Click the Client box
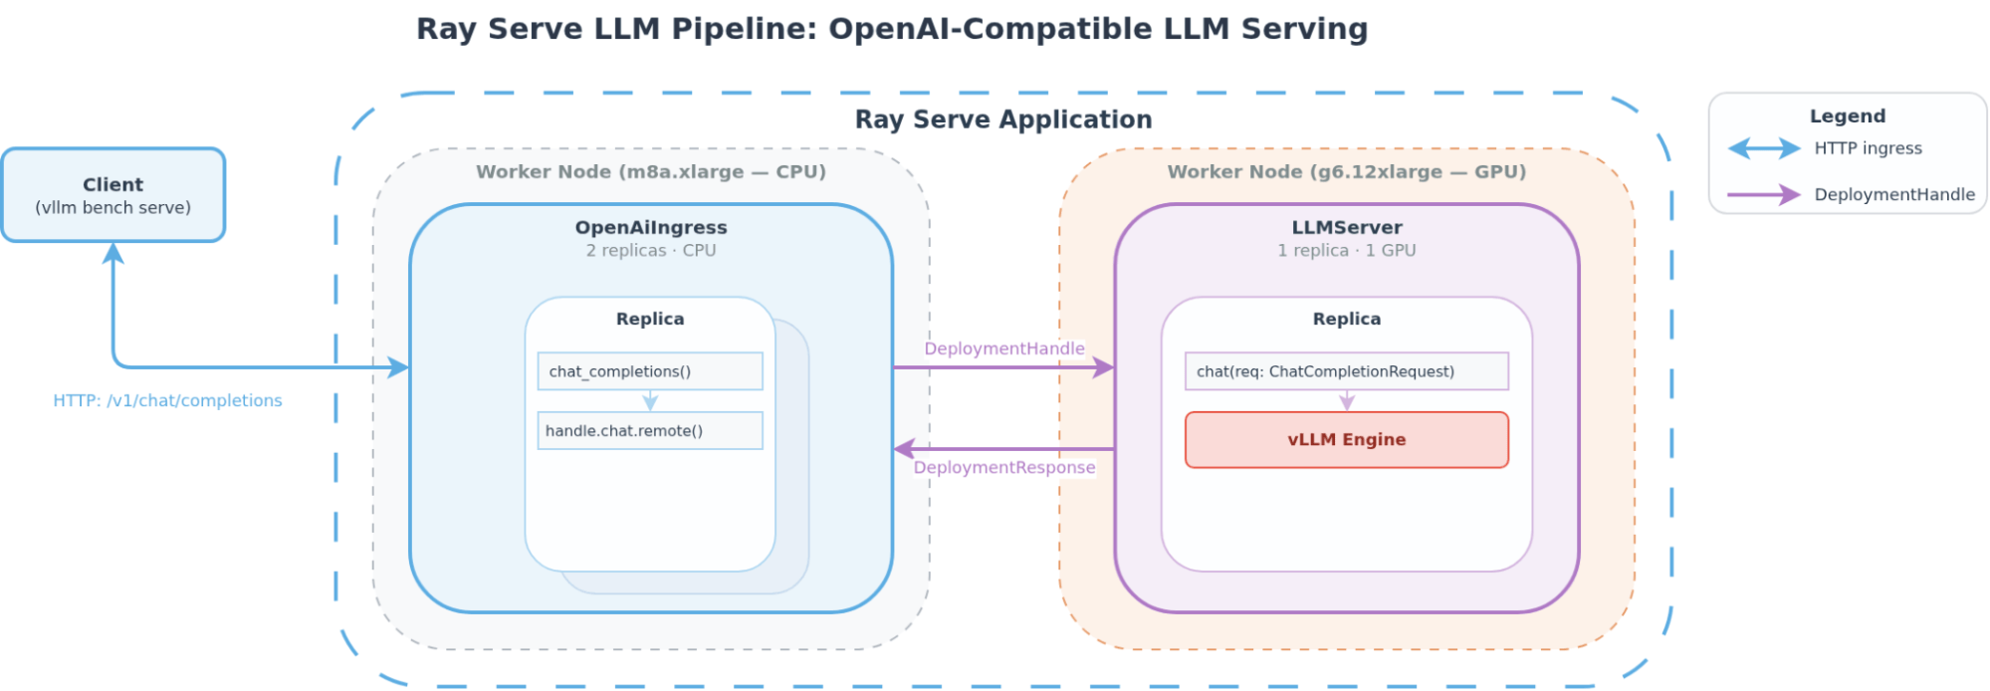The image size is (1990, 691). tap(113, 195)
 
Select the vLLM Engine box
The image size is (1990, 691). tap(1346, 440)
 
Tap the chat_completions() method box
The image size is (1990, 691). tap(649, 371)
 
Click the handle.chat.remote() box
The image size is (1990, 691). tap(649, 431)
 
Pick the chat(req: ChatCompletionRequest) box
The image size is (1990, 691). tap(1346, 371)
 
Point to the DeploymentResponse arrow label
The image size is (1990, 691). tap(1003, 468)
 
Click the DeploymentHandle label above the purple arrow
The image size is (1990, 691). tap(1003, 348)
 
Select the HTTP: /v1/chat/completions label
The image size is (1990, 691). tap(167, 400)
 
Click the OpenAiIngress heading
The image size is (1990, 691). tap(651, 228)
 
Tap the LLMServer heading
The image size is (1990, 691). tap(1346, 228)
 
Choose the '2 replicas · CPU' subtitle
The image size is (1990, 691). tap(651, 251)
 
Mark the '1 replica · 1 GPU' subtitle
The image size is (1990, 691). tap(1346, 251)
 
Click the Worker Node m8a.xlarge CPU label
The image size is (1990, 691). tap(651, 172)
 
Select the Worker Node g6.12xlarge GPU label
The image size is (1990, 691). tap(1346, 172)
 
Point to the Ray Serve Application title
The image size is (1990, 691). tap(1003, 119)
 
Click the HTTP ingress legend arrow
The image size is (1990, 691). tap(1764, 149)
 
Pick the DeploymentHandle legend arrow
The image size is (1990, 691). tap(1764, 195)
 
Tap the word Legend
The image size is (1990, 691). tap(1847, 116)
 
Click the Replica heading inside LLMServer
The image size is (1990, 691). tap(1346, 320)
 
